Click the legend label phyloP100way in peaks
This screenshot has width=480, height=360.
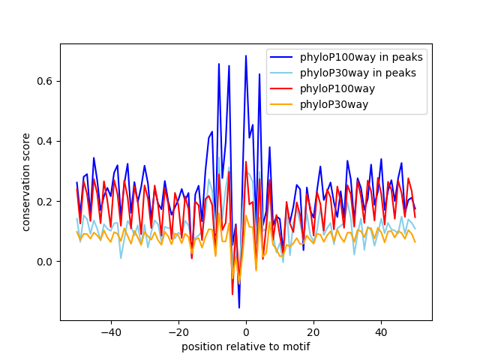(x=361, y=57)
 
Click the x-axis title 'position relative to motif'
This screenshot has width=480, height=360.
(x=245, y=346)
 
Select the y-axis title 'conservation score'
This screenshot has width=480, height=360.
(x=26, y=181)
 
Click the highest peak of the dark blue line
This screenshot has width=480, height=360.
(x=246, y=55)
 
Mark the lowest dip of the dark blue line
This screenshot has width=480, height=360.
(x=239, y=307)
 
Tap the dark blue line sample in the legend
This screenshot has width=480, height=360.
(x=283, y=57)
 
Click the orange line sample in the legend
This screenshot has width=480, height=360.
(x=283, y=104)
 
